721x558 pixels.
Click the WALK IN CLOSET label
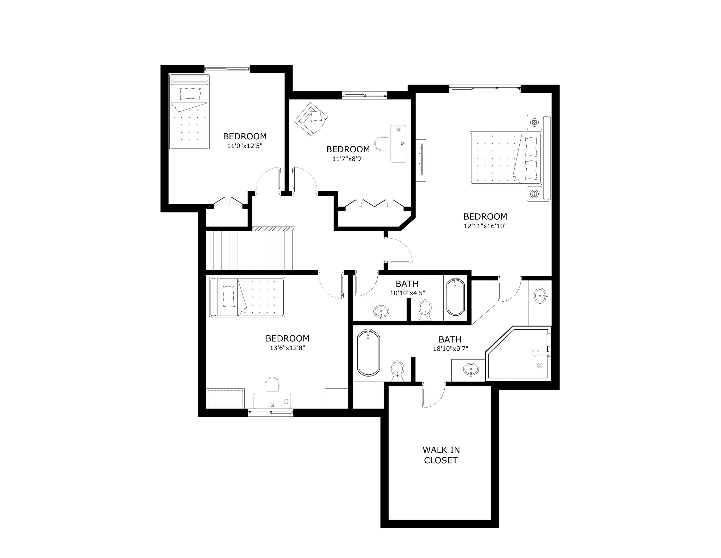441,455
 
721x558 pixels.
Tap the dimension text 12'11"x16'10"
485,226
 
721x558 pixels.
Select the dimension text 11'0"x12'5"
245,146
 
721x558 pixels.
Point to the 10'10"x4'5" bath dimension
407,293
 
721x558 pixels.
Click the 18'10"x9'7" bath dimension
450,348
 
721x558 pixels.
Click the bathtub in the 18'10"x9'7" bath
368,353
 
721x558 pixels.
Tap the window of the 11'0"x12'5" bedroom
227,69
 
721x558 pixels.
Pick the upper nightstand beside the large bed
535,123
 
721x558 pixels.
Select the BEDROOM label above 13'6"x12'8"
287,338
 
